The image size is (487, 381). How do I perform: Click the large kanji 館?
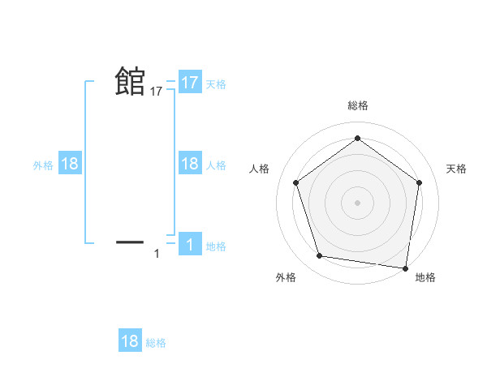[x=130, y=81]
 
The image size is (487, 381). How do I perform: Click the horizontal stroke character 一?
[x=130, y=242]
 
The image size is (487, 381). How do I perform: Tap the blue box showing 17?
[x=190, y=82]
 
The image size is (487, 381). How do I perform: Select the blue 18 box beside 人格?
[x=190, y=164]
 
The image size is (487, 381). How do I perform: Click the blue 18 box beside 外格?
[x=70, y=164]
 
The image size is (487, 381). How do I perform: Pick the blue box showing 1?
[x=190, y=245]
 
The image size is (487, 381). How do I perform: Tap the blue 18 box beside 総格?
[x=130, y=341]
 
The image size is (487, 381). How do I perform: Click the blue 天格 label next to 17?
[x=216, y=83]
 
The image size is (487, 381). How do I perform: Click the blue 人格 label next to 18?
[x=216, y=165]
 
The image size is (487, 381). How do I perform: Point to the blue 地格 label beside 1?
[x=216, y=246]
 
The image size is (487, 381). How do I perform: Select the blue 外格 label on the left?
[x=43, y=165]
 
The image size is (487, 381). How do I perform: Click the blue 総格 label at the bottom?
[x=156, y=343]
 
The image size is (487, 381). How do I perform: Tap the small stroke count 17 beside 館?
[x=157, y=92]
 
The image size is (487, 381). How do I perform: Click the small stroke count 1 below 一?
[x=157, y=254]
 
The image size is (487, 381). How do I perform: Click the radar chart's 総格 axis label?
[x=357, y=106]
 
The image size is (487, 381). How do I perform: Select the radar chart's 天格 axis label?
[x=457, y=169]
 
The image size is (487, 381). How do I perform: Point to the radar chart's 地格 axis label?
[x=425, y=277]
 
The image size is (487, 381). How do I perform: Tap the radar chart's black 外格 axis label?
[x=286, y=277]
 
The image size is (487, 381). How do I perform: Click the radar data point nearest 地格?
[x=405, y=267]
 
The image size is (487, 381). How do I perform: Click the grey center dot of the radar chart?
[x=357, y=201]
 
